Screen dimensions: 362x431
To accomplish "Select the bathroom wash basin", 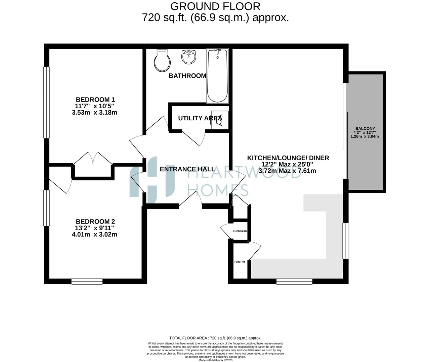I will pyautogui.click(x=189, y=57).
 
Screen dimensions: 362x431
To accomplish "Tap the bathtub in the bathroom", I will pyautogui.click(x=217, y=75).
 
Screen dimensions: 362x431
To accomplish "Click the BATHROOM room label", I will pyautogui.click(x=187, y=76).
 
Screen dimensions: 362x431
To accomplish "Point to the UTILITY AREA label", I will pyautogui.click(x=200, y=118).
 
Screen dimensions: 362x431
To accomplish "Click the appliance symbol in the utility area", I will pyautogui.click(x=219, y=120).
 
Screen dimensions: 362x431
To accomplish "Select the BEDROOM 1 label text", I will pyautogui.click(x=95, y=100).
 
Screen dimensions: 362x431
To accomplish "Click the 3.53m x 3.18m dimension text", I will pyautogui.click(x=94, y=113).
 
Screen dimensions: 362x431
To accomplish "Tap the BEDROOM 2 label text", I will pyautogui.click(x=95, y=222).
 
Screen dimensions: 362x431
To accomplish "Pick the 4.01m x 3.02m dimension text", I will pyautogui.click(x=94, y=235).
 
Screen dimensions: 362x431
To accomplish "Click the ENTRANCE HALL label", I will pyautogui.click(x=187, y=169).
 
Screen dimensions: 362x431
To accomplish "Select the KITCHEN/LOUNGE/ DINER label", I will pyautogui.click(x=288, y=158).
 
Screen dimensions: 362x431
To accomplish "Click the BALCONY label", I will pyautogui.click(x=365, y=128).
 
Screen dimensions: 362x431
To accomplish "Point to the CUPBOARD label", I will pyautogui.click(x=240, y=231).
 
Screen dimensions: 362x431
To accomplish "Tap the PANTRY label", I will pyautogui.click(x=240, y=262).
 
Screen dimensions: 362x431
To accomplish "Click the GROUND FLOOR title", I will pyautogui.click(x=215, y=6).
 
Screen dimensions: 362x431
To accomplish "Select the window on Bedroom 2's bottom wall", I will pyautogui.click(x=87, y=281).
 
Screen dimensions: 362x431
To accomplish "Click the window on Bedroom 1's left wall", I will pyautogui.click(x=46, y=102).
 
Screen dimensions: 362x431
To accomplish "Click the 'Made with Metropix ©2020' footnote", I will pyautogui.click(x=215, y=360).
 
